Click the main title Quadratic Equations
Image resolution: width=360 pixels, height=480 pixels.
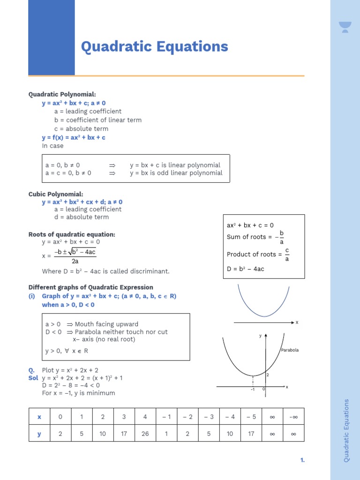coord(154,47)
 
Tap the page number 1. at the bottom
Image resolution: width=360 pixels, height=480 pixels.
coord(302,460)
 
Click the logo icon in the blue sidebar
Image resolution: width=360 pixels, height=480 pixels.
coord(345,27)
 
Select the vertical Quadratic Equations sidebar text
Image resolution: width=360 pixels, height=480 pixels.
coord(346,430)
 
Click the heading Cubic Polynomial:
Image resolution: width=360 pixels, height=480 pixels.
coord(56,194)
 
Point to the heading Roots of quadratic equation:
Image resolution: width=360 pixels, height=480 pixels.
coord(72,234)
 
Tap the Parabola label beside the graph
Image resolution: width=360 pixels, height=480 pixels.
coord(290,350)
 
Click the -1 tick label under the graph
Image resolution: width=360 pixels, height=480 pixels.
coord(252,390)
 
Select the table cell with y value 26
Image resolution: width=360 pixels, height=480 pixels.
coord(145,434)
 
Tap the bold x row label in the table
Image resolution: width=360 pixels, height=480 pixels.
coord(39,416)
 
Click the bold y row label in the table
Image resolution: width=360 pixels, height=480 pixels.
coord(39,434)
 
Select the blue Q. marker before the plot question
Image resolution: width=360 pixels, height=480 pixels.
coord(31,370)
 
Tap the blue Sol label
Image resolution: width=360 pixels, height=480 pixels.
coord(33,378)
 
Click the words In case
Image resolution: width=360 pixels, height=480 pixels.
coord(52,146)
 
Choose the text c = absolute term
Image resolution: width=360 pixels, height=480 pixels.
coord(81,128)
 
